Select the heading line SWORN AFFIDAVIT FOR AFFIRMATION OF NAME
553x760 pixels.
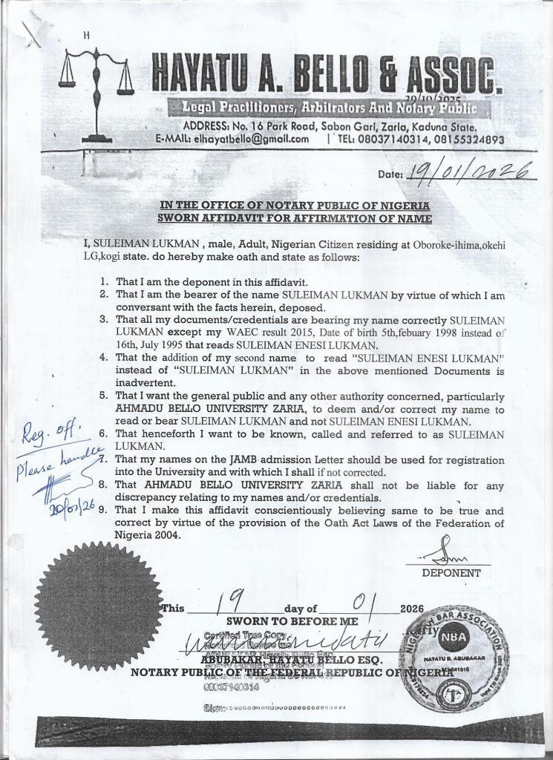click(x=294, y=217)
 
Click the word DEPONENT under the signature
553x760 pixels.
click(x=451, y=573)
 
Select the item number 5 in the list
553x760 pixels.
click(x=105, y=396)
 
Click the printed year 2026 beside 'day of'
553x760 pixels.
click(x=411, y=609)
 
